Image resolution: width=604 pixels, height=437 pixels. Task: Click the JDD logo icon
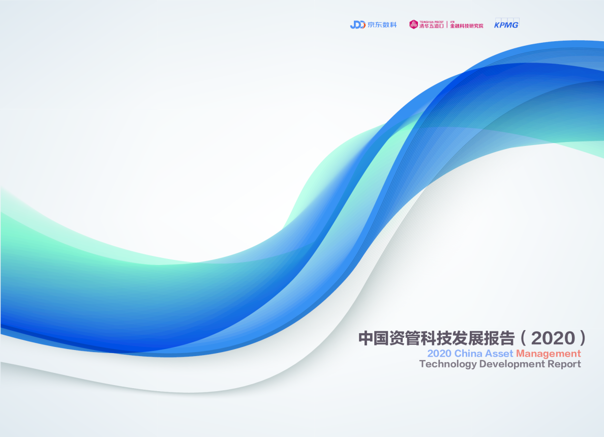pos(357,24)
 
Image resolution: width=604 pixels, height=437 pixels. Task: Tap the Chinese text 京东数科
pos(382,24)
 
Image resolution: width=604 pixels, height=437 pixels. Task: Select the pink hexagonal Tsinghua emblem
pos(414,24)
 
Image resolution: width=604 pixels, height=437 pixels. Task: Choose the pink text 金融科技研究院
pos(467,26)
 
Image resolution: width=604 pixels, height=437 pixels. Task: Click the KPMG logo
pos(506,24)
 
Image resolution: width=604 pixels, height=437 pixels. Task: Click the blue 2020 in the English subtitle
pos(439,353)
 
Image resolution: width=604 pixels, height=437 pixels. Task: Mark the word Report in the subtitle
pos(565,364)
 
